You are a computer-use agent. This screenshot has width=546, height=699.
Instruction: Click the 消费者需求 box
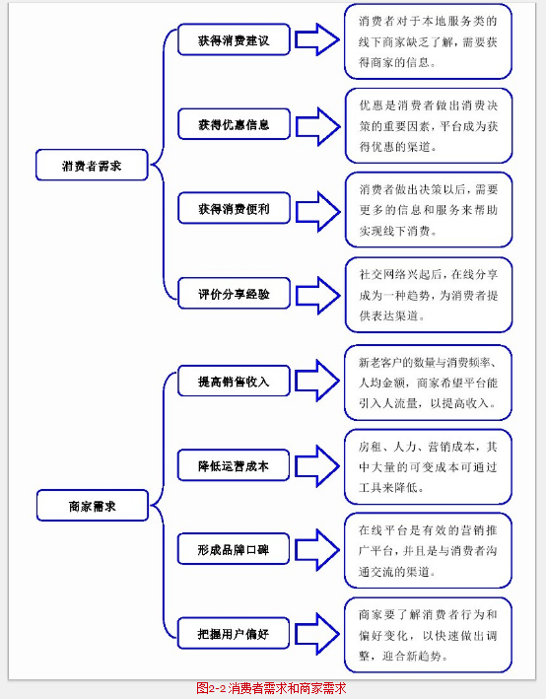point(92,165)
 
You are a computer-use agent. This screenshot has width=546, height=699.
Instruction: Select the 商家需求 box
point(93,506)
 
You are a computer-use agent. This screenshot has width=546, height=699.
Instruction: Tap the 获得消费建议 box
point(234,39)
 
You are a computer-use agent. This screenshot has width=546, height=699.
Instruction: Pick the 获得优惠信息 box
point(234,124)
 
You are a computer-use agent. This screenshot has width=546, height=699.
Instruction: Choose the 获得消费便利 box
point(234,208)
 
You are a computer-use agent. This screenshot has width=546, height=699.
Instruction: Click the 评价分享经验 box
point(234,294)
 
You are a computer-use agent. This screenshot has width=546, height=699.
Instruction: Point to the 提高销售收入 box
point(234,381)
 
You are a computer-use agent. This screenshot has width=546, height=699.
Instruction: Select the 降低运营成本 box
point(234,465)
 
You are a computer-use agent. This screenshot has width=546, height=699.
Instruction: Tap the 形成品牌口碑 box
point(234,549)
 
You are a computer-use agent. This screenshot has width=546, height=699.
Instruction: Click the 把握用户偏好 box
point(234,633)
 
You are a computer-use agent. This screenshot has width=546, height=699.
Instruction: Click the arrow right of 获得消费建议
point(317,39)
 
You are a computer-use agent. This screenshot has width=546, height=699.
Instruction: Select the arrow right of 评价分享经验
point(317,295)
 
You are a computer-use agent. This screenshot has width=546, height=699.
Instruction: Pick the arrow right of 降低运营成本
point(317,465)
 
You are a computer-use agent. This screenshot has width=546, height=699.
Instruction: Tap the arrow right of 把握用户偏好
point(317,634)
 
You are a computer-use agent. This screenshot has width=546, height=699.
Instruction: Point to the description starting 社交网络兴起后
point(429,295)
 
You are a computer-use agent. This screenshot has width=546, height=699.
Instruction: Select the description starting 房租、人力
point(428,466)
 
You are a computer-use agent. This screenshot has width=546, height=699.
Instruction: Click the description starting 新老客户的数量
point(428,383)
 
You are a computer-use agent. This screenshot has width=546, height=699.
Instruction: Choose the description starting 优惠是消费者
point(429,126)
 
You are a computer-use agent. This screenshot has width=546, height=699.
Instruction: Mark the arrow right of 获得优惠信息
point(317,126)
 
